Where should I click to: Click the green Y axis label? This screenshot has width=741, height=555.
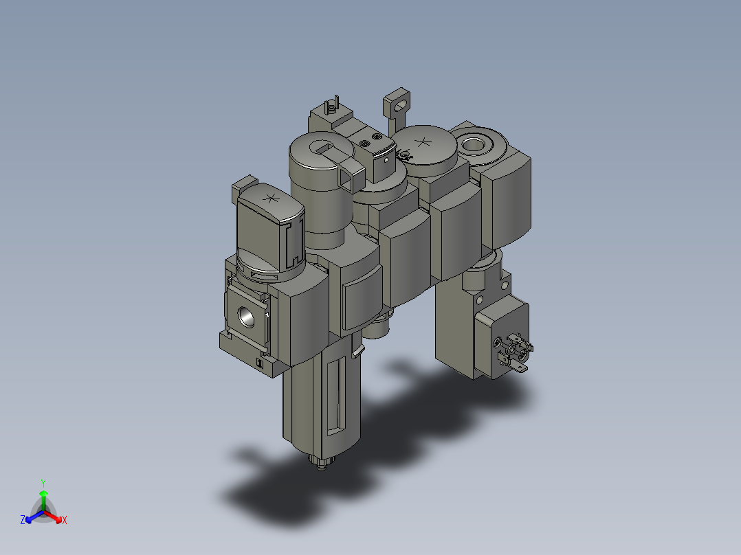[43, 483]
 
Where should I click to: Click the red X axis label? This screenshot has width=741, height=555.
[65, 521]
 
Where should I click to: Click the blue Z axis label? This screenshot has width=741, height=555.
[23, 521]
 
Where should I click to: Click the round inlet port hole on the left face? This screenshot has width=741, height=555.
[247, 315]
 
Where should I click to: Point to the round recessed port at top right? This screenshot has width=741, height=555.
[474, 144]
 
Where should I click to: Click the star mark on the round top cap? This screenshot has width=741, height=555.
[423, 144]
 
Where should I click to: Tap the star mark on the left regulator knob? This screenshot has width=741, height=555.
[271, 199]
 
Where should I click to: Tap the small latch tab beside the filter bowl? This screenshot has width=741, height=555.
[357, 352]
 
